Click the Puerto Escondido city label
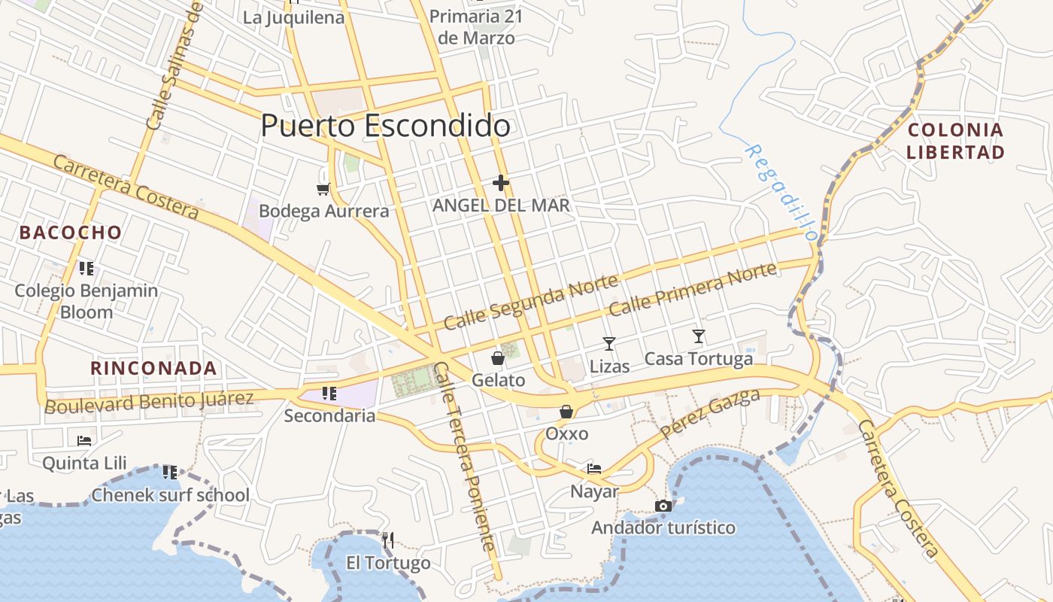point(385,126)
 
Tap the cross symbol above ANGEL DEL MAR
point(501,183)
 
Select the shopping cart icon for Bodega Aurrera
point(323,189)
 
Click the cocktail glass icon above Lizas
point(609,344)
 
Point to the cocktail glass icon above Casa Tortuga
point(699,336)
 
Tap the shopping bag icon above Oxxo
point(566,412)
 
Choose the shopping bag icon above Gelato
point(498,357)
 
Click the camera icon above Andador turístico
point(663,506)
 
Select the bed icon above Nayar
point(594,469)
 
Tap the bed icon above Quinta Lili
point(84,440)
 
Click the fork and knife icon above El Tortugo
point(388,540)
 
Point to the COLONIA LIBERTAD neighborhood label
point(955,141)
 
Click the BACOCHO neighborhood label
point(71,233)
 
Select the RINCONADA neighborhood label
point(153,369)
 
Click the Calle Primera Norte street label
point(692,290)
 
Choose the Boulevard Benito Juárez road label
point(149,402)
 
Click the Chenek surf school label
point(170,495)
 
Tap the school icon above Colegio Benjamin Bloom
point(86,268)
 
